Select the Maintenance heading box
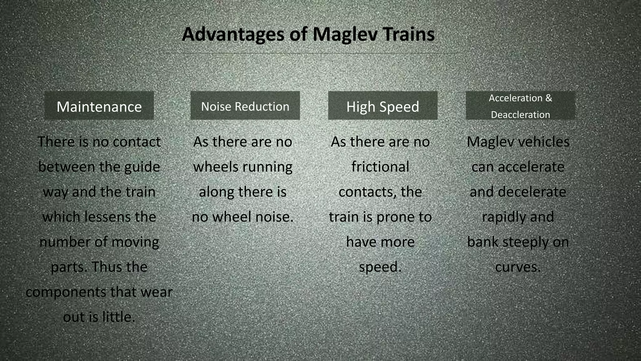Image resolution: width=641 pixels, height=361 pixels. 99,106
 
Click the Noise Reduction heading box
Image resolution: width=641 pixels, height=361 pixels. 245,106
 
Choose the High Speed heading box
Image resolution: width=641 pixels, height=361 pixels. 382,106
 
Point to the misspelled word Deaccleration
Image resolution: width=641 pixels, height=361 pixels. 520,115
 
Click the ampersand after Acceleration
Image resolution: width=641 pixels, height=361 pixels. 549,98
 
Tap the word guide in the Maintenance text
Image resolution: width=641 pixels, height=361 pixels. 142,167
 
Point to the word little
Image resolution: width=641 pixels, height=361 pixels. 119,317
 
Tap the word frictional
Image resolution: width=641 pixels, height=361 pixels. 380,167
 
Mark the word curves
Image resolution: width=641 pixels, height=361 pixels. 518,267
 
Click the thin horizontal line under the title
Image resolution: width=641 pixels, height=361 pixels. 310,54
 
